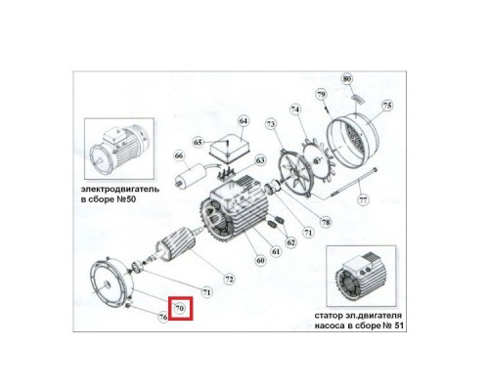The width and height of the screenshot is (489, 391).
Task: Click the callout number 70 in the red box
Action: tap(179, 309)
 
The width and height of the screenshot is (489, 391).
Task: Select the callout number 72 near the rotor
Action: tap(228, 279)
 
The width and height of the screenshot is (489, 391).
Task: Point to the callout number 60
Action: tap(260, 261)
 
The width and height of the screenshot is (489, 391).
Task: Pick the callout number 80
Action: tap(345, 77)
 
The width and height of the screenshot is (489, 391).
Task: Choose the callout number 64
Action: tap(244, 121)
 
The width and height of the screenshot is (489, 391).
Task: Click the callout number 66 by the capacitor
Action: tap(179, 154)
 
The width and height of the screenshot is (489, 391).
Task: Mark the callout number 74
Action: tap(293, 110)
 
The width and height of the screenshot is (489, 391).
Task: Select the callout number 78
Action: tap(326, 223)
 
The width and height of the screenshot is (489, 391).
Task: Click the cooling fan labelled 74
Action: tap(303, 172)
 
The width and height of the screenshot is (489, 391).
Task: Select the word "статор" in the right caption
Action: tap(335, 317)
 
